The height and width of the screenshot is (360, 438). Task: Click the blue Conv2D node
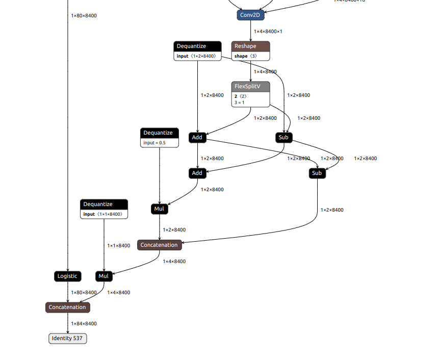pos(250,15)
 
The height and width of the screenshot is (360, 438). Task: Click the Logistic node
pos(67,276)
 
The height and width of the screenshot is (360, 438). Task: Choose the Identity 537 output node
pos(68,339)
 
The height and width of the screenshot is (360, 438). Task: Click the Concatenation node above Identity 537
pos(68,307)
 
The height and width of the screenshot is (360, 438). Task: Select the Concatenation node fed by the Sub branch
pos(159,245)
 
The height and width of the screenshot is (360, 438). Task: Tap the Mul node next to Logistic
pos(104,276)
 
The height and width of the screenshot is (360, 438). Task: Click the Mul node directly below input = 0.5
pos(160,209)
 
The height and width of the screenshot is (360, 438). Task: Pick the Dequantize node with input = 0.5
pos(160,133)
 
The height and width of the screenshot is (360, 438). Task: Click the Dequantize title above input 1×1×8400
pos(104,204)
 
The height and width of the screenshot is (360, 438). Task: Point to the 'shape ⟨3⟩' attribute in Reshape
pos(246,56)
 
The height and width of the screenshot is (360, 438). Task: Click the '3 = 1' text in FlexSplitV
pos(240,102)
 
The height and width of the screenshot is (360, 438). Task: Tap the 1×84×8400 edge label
pos(84,324)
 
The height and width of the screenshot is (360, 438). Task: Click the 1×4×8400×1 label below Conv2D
pos(268,32)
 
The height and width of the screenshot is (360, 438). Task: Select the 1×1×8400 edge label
pos(118,246)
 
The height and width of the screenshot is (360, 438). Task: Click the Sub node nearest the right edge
pos(317,173)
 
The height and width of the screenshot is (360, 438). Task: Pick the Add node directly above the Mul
pos(197,173)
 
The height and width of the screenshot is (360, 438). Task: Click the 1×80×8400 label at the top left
pos(84,16)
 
